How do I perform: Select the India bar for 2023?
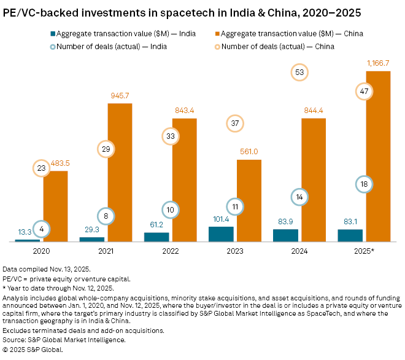[221, 234]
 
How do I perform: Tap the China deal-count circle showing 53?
[299, 72]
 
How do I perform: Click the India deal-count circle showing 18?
[364, 184]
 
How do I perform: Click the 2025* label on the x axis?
[364, 251]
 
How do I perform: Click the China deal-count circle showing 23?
[42, 168]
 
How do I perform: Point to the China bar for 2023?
[249, 200]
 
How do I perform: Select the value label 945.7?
[120, 96]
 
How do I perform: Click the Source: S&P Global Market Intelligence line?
[64, 339]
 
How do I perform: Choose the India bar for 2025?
[350, 235]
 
